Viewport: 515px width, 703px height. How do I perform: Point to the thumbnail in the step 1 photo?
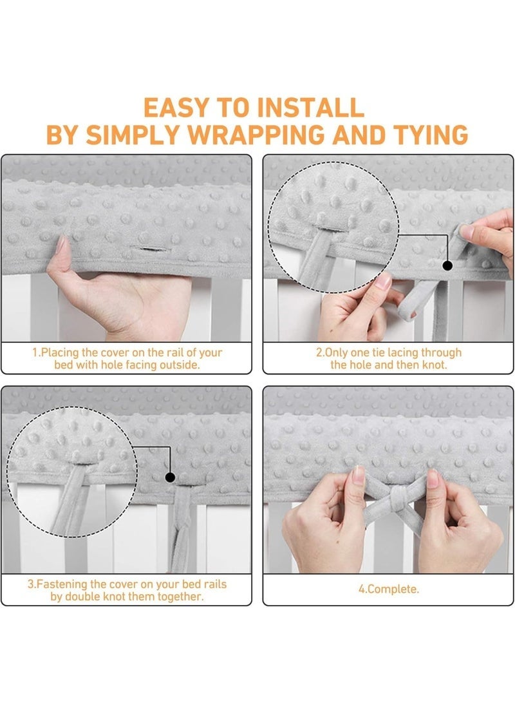[61, 245]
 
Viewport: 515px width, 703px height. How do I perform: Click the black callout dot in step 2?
[447, 265]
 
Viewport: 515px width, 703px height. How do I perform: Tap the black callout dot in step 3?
[170, 477]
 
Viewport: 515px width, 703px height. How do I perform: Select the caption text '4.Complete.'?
[389, 589]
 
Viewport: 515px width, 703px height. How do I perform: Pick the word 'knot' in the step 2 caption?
[435, 365]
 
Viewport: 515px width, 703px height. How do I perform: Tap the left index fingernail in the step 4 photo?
[359, 474]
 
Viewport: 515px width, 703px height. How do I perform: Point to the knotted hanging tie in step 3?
[182, 529]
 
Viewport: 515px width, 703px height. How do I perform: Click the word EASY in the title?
[176, 108]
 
